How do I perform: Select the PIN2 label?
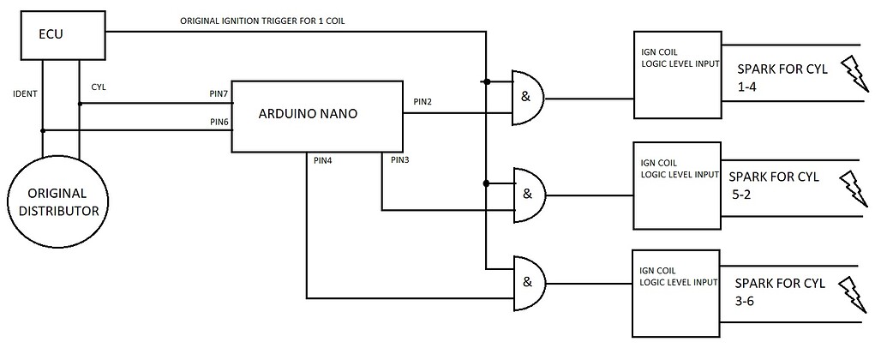tap(422, 102)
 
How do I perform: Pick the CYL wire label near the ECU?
tap(99, 87)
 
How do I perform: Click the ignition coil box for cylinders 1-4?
tap(674, 74)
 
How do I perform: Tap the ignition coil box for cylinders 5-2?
tap(674, 185)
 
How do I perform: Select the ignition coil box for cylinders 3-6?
tap(674, 292)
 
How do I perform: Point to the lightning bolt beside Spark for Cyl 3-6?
tap(857, 296)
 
